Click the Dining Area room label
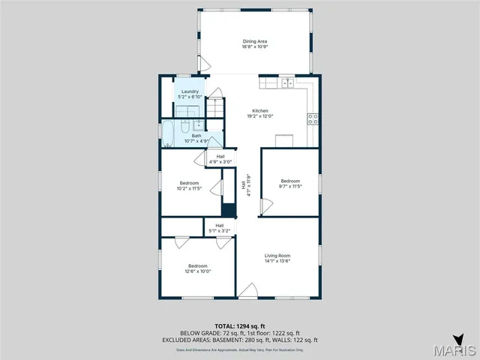[x=254, y=41]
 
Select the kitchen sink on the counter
[x=287, y=82]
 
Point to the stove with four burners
[x=313, y=118]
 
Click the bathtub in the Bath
[x=168, y=133]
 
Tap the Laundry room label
[x=189, y=91]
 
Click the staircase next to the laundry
[x=217, y=107]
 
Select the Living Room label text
[x=277, y=256]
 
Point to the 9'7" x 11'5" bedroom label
[x=290, y=181]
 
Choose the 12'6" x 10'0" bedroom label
[x=198, y=265]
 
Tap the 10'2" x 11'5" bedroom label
[x=189, y=183]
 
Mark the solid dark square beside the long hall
[x=229, y=209]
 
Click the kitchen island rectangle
[x=284, y=141]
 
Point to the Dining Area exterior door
[x=201, y=64]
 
